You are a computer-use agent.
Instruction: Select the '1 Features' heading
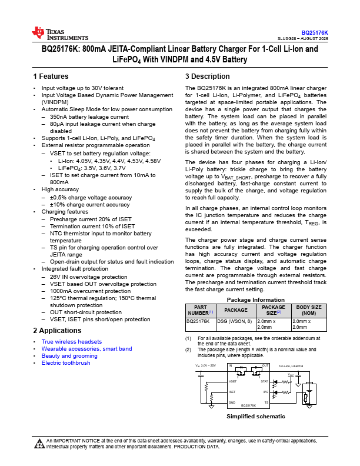tap(51, 76)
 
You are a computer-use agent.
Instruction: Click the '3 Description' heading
tap(207, 76)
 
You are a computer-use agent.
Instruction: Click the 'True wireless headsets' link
tap(71, 342)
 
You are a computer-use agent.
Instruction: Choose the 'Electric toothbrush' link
tap(66, 363)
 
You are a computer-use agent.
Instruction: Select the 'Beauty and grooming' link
tap(69, 356)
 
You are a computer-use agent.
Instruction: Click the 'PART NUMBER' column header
tap(200, 309)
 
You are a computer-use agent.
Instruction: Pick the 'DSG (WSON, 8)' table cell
tap(236, 322)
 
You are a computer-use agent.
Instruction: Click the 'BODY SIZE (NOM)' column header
tap(308, 309)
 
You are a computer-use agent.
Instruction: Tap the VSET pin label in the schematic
tap(233, 381)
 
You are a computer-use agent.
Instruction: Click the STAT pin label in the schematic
tap(265, 381)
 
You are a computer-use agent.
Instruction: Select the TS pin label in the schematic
tap(266, 402)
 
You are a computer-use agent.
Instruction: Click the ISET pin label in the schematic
tap(232, 392)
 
